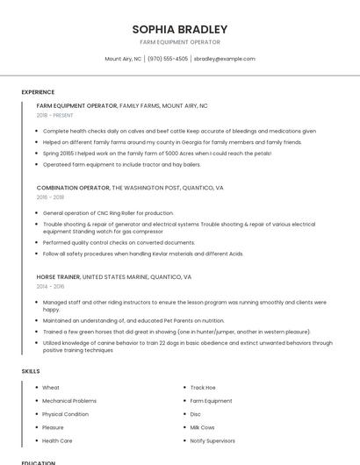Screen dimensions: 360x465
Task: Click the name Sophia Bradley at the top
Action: click(179, 29)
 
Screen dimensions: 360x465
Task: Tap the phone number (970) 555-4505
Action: click(167, 59)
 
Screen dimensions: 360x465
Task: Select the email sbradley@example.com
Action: click(224, 59)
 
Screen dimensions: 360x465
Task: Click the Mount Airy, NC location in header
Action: click(123, 59)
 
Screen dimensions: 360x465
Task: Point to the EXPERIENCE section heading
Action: click(38, 92)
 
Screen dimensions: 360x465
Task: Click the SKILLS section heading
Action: click(31, 371)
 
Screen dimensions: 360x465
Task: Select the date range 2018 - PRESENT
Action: click(54, 115)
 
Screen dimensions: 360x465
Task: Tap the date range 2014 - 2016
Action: click(50, 286)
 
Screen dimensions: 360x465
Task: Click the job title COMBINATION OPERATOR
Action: click(73, 188)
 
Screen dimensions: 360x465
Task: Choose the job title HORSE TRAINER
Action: click(58, 276)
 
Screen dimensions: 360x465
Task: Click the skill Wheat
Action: click(51, 387)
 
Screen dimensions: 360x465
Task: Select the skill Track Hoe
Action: click(203, 387)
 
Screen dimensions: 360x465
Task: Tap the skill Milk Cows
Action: click(202, 426)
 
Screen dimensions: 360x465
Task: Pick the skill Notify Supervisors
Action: click(212, 440)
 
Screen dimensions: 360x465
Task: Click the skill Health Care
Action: click(57, 440)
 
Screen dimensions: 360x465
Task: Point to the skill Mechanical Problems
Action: click(69, 400)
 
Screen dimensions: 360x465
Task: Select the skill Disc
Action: click(195, 413)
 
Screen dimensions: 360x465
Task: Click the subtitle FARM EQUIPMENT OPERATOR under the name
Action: click(179, 42)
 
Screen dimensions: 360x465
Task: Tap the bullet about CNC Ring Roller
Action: click(108, 213)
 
